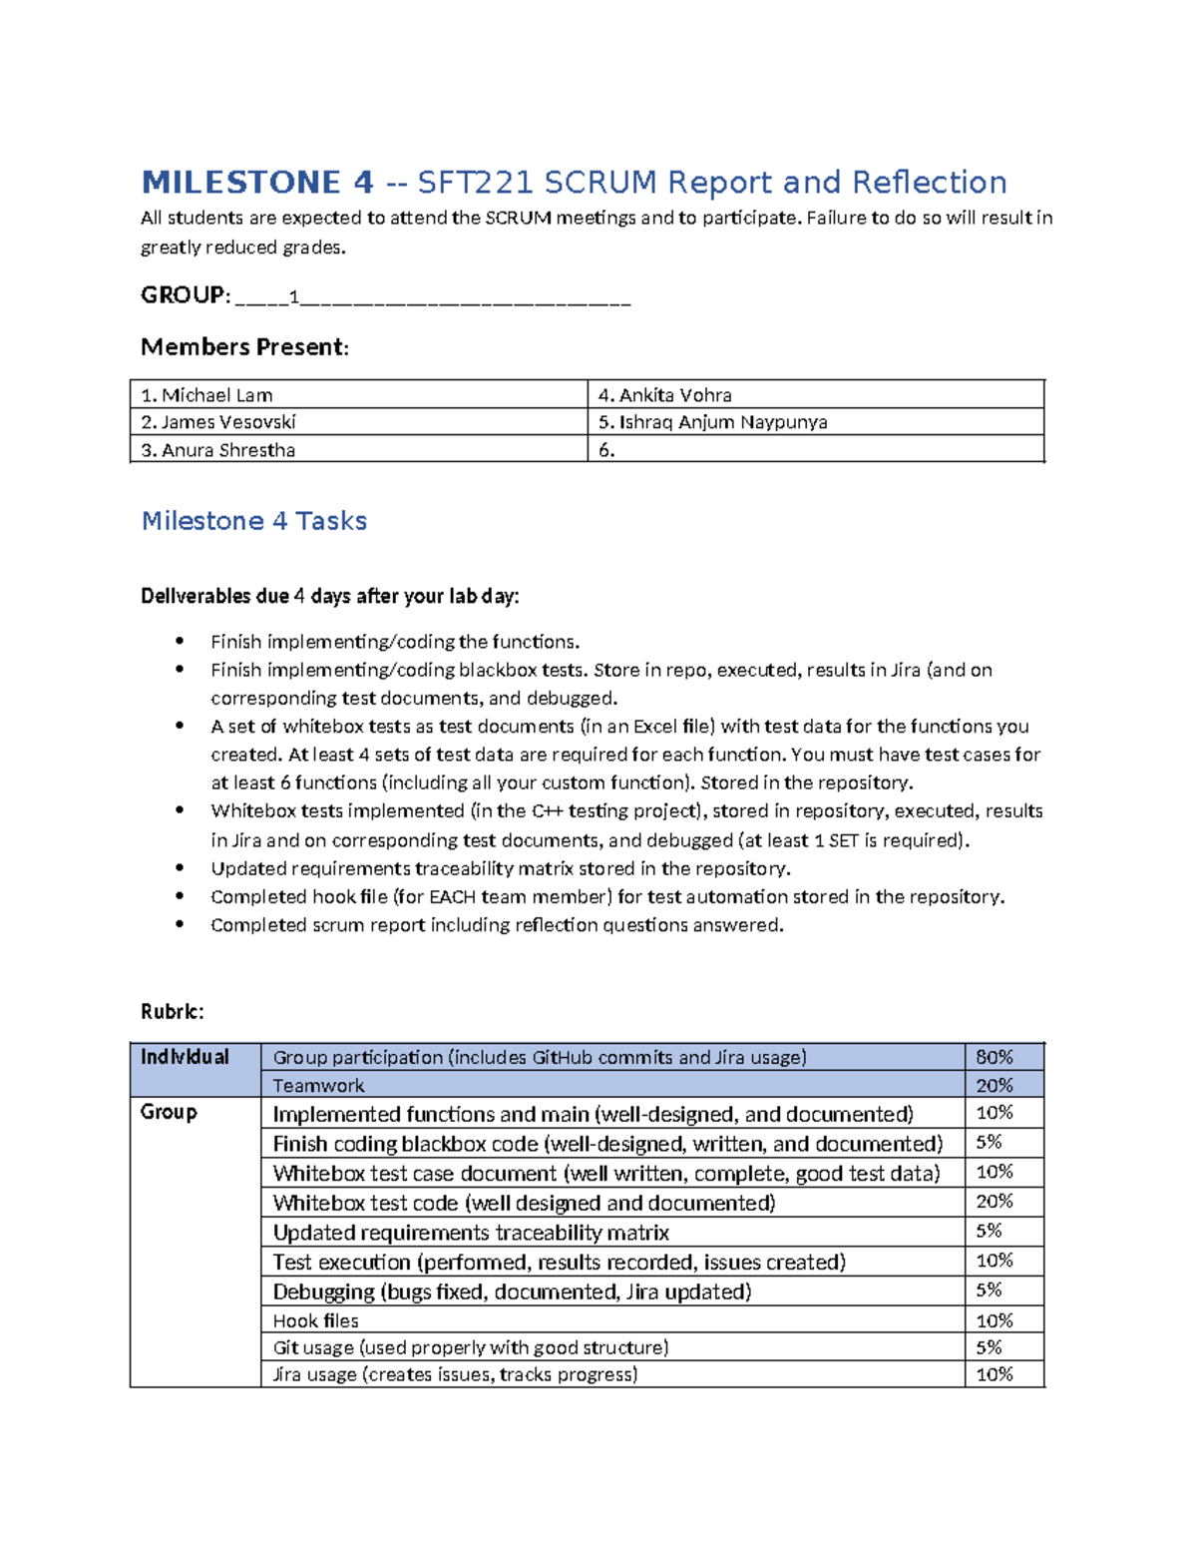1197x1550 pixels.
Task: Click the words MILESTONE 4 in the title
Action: pos(257,183)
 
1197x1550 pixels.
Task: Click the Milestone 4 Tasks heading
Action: pos(253,521)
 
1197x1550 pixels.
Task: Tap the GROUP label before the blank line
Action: pos(184,295)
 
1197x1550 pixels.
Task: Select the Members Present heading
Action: pos(244,347)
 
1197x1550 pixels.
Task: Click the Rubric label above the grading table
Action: pos(172,1012)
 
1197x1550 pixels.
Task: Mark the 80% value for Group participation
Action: pos(994,1057)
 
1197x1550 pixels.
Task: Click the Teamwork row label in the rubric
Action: pos(318,1085)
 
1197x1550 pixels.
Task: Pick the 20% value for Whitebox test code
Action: pos(994,1202)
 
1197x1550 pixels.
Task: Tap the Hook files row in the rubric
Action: pos(315,1320)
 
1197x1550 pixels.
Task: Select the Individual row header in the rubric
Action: pos(185,1057)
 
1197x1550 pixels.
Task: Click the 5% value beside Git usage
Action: pos(989,1347)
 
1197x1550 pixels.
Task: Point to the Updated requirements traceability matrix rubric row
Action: pos(471,1233)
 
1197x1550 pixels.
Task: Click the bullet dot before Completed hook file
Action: pos(180,896)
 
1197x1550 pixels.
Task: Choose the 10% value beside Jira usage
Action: pos(994,1374)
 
